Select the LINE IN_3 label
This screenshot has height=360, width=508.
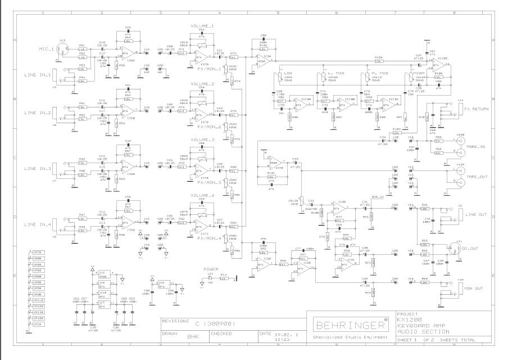pos(38,168)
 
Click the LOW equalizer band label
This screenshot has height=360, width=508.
pos(288,73)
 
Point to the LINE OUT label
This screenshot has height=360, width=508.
pos(477,214)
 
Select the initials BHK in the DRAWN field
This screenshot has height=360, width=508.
pos(193,338)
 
